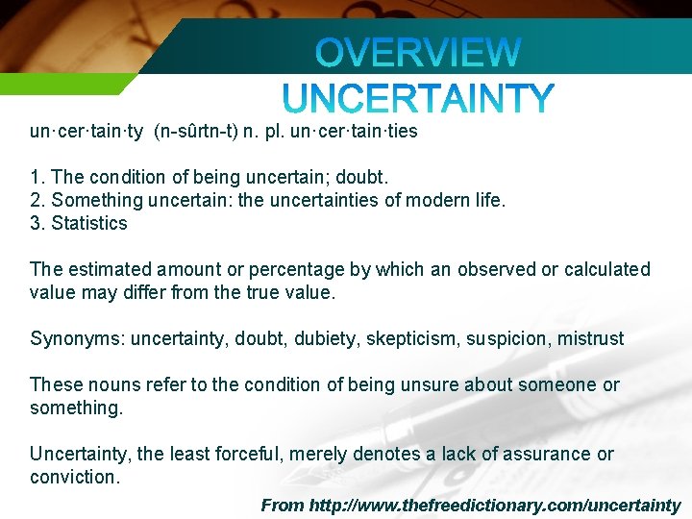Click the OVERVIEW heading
[418, 53]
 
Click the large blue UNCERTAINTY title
[418, 98]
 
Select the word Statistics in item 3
[89, 224]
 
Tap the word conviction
[74, 478]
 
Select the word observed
[495, 270]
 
